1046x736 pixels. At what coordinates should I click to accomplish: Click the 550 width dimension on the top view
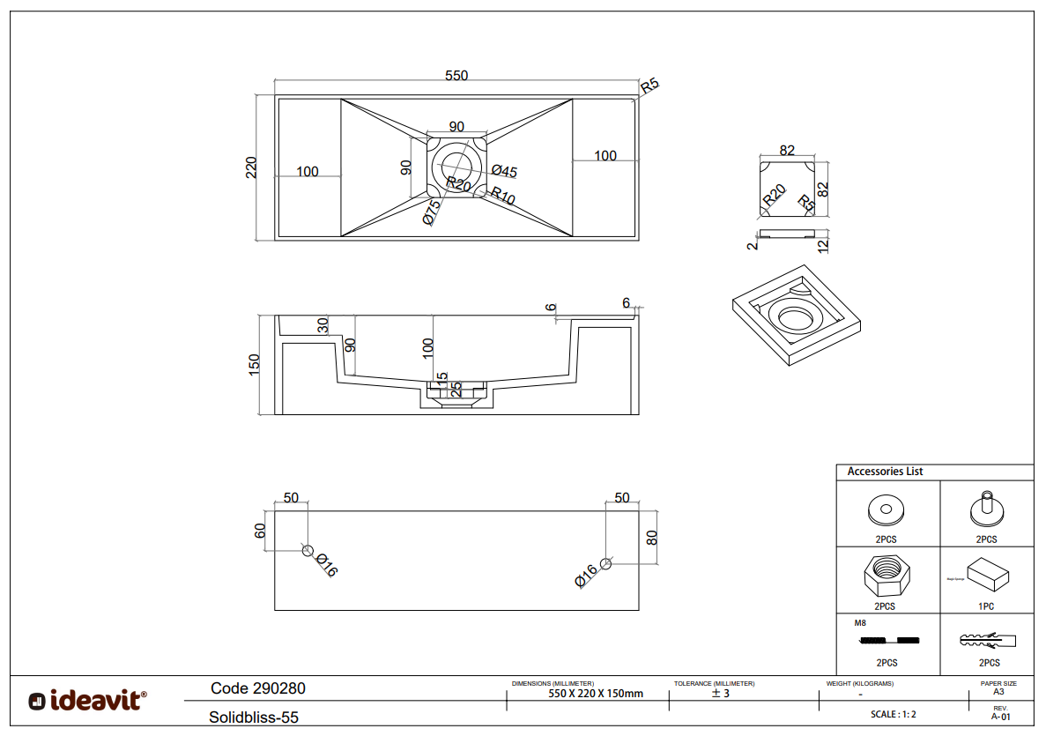click(456, 76)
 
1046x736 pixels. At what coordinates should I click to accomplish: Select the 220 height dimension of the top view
click(250, 167)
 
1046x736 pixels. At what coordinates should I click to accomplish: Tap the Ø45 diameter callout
click(504, 171)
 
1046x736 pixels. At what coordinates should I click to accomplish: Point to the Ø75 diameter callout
click(432, 212)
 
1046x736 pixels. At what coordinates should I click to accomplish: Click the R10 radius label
click(502, 196)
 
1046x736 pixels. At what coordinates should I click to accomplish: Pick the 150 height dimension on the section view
click(254, 365)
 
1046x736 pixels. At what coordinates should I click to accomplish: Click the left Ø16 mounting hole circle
click(308, 551)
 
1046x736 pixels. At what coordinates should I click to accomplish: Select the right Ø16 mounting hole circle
click(605, 563)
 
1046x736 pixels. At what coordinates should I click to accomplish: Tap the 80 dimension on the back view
click(652, 537)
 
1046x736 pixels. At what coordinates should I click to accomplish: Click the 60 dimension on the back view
click(260, 531)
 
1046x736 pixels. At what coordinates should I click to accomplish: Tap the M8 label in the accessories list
click(861, 623)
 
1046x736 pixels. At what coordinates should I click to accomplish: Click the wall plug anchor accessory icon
click(987, 639)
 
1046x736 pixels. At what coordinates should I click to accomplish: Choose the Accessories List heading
click(885, 472)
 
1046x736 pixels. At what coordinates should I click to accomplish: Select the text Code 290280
click(258, 688)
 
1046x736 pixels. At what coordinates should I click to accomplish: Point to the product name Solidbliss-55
click(254, 717)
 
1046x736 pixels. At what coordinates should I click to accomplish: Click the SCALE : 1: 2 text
click(892, 714)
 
